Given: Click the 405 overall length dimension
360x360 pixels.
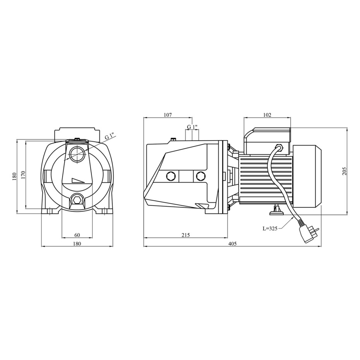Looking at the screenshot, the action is [232, 243].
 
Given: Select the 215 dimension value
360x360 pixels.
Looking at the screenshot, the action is [185, 235].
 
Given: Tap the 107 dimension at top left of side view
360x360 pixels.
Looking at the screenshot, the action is [168, 115].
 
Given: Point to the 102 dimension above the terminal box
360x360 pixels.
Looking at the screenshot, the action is [267, 115].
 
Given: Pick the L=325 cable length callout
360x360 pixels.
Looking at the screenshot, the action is [270, 228].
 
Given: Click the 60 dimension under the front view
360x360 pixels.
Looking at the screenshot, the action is [77, 235].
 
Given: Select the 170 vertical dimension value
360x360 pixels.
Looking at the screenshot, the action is [23, 175].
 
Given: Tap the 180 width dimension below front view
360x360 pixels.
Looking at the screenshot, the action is [77, 243].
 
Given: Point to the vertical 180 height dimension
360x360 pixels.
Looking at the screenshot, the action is [15, 177].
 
